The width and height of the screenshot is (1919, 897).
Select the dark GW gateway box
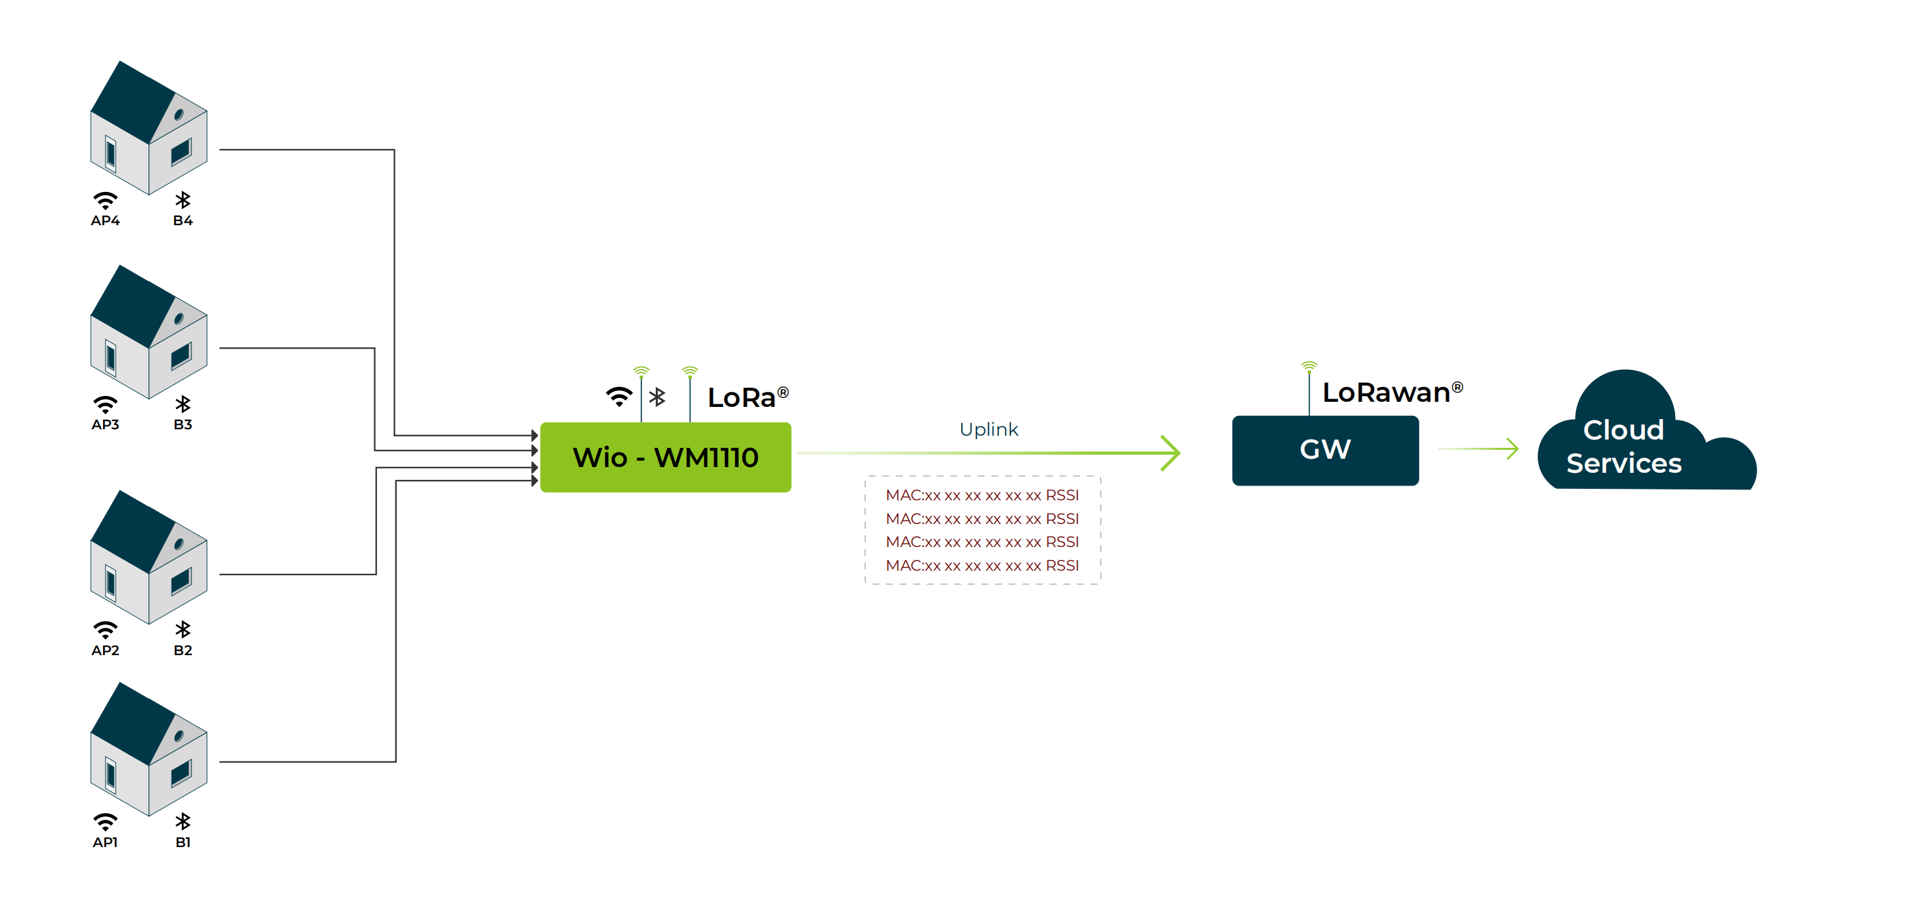tap(1325, 450)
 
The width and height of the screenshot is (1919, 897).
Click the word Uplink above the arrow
tap(988, 429)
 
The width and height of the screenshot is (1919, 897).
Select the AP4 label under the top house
tap(105, 221)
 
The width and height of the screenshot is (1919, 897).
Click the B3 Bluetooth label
tap(182, 425)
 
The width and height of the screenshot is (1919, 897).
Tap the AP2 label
tap(105, 651)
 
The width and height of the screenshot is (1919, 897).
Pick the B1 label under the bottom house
tap(182, 843)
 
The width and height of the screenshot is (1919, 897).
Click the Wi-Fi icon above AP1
tap(105, 821)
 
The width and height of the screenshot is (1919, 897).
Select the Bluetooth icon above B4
tap(182, 200)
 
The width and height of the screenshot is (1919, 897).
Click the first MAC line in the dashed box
tap(982, 495)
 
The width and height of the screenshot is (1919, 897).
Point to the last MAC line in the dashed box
tap(982, 566)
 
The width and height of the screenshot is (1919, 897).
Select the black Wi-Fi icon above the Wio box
tap(618, 396)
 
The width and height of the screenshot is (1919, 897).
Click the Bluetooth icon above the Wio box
tap(657, 397)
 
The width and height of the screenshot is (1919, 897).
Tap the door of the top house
tap(111, 154)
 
